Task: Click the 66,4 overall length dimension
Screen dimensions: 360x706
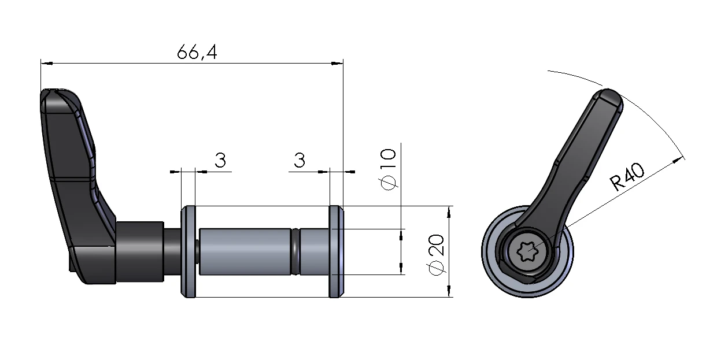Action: [x=197, y=53]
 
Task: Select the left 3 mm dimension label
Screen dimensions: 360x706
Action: [x=220, y=160]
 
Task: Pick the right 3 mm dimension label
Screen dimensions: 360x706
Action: [x=299, y=160]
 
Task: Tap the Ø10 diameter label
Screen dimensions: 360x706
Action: [x=389, y=168]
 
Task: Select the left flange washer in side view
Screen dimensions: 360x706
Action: [x=188, y=251]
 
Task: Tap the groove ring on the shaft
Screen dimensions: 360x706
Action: [x=295, y=251]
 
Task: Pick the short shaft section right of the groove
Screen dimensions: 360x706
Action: [x=314, y=251]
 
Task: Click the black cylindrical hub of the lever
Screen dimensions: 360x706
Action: [x=139, y=251]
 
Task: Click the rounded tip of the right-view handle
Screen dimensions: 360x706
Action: [x=610, y=98]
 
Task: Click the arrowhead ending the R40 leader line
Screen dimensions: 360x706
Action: [x=681, y=159]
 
